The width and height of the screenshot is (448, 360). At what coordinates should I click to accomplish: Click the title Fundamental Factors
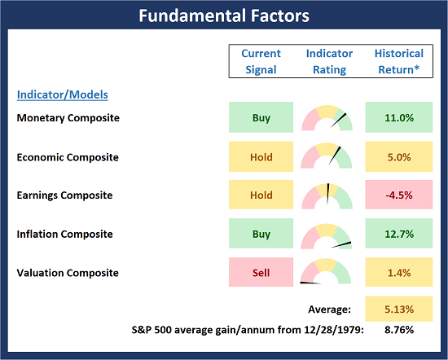pyautogui.click(x=223, y=15)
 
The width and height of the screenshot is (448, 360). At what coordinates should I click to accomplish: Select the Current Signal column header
pyautogui.click(x=261, y=60)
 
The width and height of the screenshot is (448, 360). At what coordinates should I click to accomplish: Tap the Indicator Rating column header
pyautogui.click(x=329, y=60)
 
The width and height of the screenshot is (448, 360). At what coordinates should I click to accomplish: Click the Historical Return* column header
pyautogui.click(x=398, y=60)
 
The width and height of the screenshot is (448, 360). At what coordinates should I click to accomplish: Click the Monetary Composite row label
pyautogui.click(x=68, y=118)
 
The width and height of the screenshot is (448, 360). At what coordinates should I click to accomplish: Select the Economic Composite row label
pyautogui.click(x=68, y=157)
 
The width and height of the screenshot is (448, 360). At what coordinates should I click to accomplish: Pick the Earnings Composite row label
pyautogui.click(x=65, y=195)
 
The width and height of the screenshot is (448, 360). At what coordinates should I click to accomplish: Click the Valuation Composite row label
pyautogui.click(x=68, y=273)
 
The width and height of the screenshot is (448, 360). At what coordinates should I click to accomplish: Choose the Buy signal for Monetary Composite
pyautogui.click(x=261, y=118)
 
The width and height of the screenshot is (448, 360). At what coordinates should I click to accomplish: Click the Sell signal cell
pyautogui.click(x=261, y=273)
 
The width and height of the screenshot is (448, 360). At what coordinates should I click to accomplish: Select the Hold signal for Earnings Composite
pyautogui.click(x=261, y=195)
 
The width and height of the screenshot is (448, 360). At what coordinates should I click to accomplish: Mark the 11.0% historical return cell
pyautogui.click(x=399, y=118)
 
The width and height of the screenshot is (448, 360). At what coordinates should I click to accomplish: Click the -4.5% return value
pyautogui.click(x=399, y=195)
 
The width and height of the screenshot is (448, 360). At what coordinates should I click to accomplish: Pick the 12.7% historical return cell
pyautogui.click(x=399, y=234)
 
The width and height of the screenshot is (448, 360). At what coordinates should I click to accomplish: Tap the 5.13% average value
pyautogui.click(x=399, y=310)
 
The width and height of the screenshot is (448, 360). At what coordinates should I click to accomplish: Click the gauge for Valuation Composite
pyautogui.click(x=327, y=273)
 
